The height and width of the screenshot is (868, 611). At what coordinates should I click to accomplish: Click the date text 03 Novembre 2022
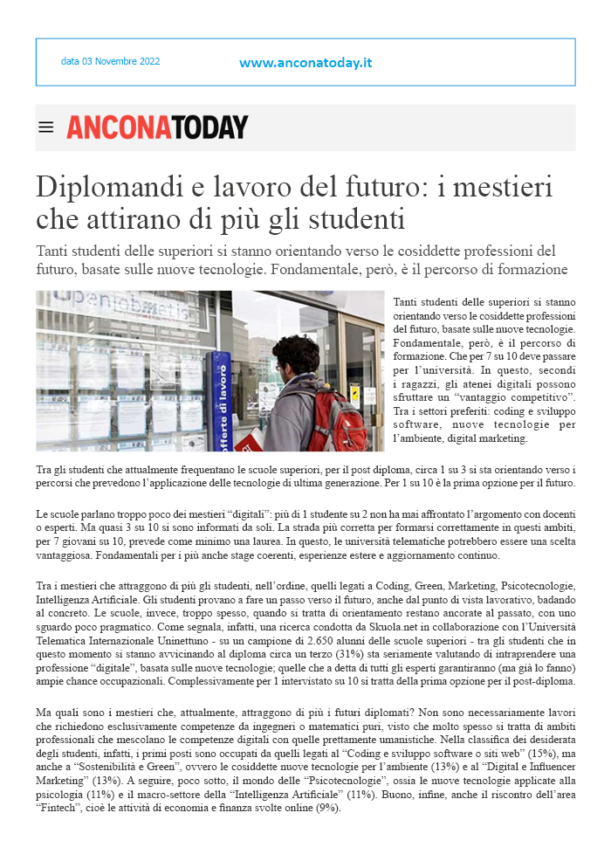(110, 62)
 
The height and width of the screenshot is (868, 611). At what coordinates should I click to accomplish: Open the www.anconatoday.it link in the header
(305, 63)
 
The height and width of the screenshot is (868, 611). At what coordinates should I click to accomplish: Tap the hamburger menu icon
(46, 127)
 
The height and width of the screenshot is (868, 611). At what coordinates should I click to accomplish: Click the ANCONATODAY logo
(157, 127)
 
